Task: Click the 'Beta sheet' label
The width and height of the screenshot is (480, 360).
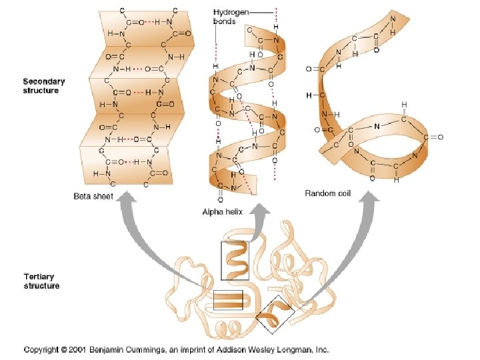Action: [x=93, y=196]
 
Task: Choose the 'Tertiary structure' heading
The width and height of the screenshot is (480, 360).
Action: [x=41, y=281]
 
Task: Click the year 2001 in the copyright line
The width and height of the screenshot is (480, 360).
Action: [x=93, y=349]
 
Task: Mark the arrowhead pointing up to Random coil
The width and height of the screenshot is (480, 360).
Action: [x=368, y=200]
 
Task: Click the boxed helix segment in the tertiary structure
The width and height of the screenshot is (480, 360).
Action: [x=235, y=261]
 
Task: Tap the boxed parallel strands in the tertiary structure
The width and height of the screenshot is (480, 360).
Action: [x=228, y=301]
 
